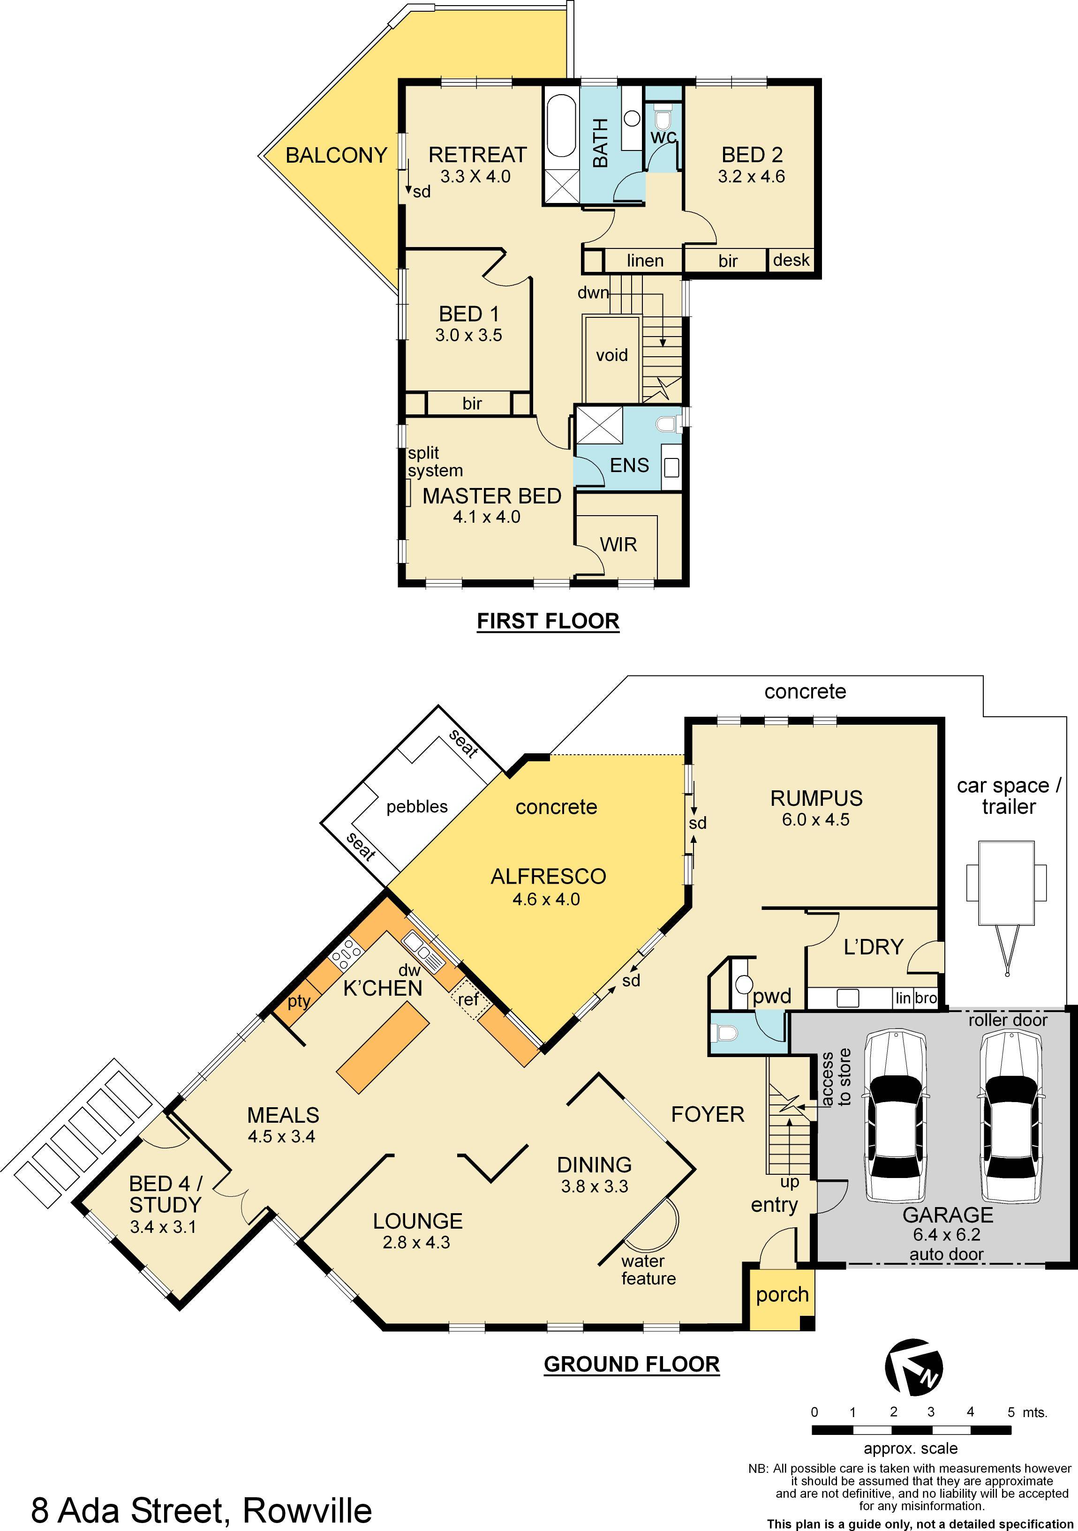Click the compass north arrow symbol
[x=914, y=1366]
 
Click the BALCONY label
[x=336, y=155]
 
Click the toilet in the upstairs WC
[x=663, y=120]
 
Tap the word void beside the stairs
[x=612, y=355]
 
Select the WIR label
[x=618, y=545]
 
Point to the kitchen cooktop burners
[x=346, y=954]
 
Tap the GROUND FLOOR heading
[x=632, y=1364]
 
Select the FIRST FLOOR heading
[x=548, y=621]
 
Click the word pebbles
[x=417, y=807]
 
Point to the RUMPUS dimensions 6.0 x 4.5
[x=816, y=819]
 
